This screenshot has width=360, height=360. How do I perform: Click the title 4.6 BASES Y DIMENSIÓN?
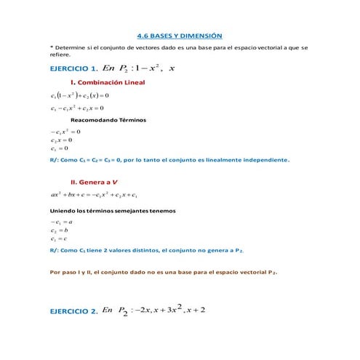[x=179, y=36]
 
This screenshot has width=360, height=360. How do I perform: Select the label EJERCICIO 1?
[x=73, y=68]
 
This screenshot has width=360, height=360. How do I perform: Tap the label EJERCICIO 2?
[x=73, y=311]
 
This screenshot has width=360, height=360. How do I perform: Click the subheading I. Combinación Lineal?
[x=107, y=82]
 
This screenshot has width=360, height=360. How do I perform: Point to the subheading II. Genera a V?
[x=95, y=182]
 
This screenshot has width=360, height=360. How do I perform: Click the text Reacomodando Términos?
[x=108, y=119]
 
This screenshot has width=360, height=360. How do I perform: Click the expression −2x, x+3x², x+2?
[x=170, y=310]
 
